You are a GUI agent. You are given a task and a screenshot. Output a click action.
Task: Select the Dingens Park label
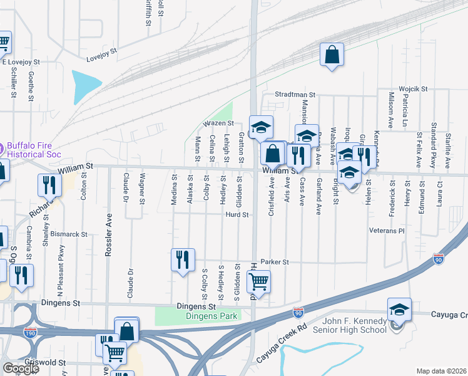(211, 316)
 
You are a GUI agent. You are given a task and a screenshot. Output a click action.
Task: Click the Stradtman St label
(295, 95)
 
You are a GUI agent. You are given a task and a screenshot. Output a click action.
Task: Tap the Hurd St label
(238, 214)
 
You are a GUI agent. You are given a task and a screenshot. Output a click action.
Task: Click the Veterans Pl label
(387, 231)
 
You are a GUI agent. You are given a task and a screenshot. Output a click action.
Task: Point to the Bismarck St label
(69, 234)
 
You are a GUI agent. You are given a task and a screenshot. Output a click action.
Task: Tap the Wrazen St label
(217, 123)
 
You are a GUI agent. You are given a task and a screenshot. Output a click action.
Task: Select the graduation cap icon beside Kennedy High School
(399, 310)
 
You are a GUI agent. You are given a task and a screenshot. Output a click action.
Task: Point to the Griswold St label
(44, 363)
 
